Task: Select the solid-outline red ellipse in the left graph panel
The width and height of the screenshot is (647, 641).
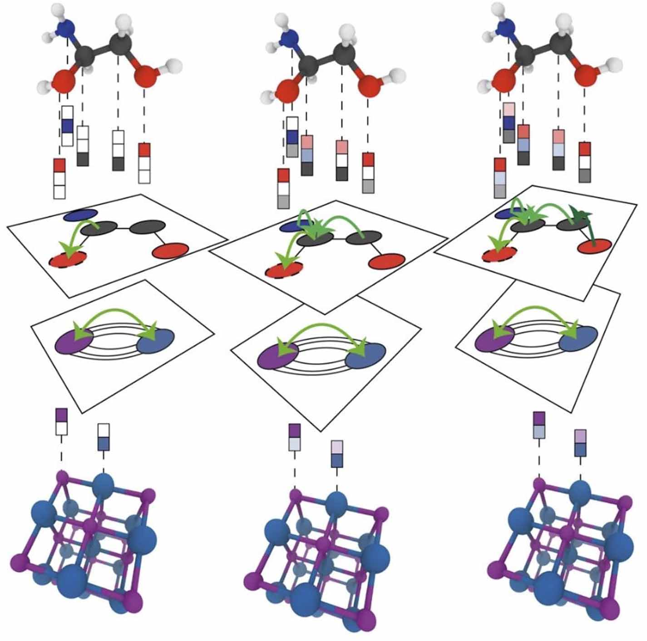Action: (170, 251)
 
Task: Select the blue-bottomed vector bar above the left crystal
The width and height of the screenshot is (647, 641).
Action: (104, 437)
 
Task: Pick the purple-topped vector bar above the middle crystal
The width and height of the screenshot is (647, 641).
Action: (295, 437)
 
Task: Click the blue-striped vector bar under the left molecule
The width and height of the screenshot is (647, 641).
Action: (67, 126)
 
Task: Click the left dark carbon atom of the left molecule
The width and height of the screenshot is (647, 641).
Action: (84, 57)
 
